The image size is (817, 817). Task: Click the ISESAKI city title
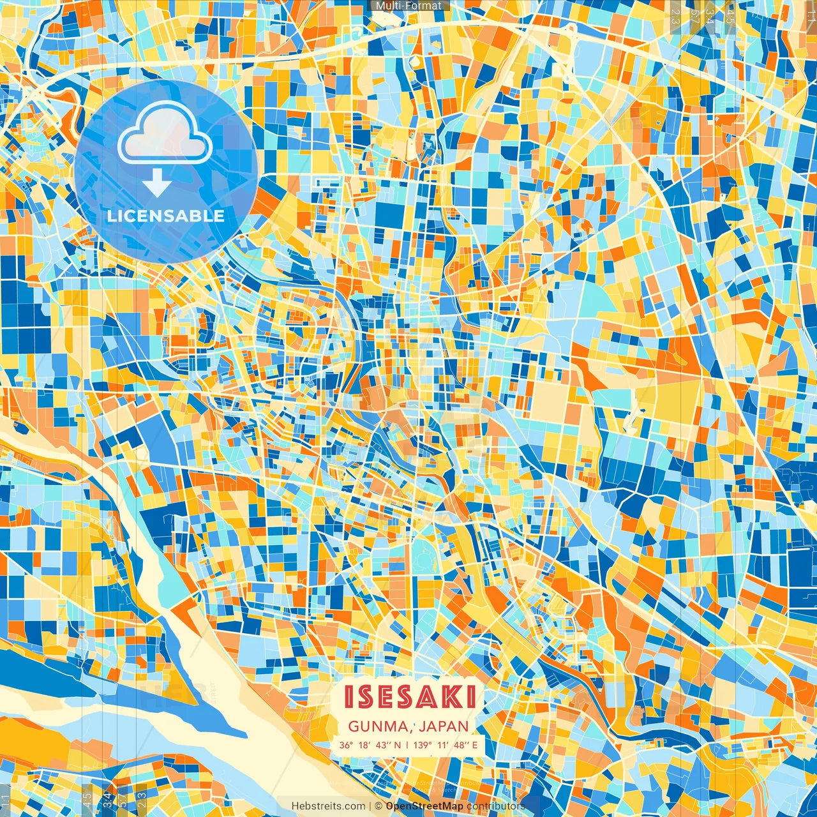pyautogui.click(x=410, y=697)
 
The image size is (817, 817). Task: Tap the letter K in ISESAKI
pyautogui.click(x=454, y=697)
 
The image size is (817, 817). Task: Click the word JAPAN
pyautogui.click(x=444, y=726)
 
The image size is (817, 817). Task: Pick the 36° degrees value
pyautogui.click(x=346, y=745)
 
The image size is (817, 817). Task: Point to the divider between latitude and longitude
pyautogui.click(x=407, y=745)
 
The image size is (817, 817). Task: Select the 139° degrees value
pyautogui.click(x=421, y=745)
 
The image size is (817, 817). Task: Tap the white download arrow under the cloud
pyautogui.click(x=156, y=184)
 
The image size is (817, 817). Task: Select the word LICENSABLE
pyautogui.click(x=166, y=216)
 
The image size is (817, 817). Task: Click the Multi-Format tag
pyautogui.click(x=408, y=6)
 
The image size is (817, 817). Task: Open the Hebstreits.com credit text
pyautogui.click(x=328, y=806)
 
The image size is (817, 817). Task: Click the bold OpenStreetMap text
pyautogui.click(x=424, y=806)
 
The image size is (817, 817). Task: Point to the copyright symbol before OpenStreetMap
pyautogui.click(x=379, y=806)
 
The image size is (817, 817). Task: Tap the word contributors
pyautogui.click(x=496, y=806)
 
